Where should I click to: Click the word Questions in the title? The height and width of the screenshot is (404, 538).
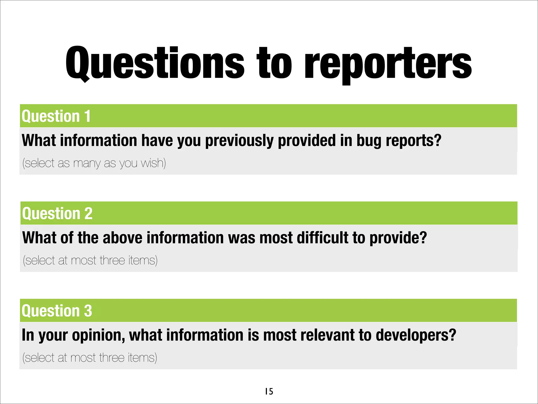tap(155, 63)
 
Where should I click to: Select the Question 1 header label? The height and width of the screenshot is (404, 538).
tap(56, 116)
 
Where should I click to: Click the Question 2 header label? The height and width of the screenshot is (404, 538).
tap(57, 213)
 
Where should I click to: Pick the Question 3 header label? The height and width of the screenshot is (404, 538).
tap(57, 311)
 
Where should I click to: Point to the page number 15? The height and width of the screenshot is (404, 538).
tap(269, 391)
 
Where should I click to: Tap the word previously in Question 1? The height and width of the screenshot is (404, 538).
tap(239, 140)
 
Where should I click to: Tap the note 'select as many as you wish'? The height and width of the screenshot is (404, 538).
tap(94, 163)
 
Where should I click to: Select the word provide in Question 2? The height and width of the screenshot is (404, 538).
tap(398, 238)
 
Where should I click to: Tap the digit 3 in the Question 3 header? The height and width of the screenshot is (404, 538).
tap(88, 311)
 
